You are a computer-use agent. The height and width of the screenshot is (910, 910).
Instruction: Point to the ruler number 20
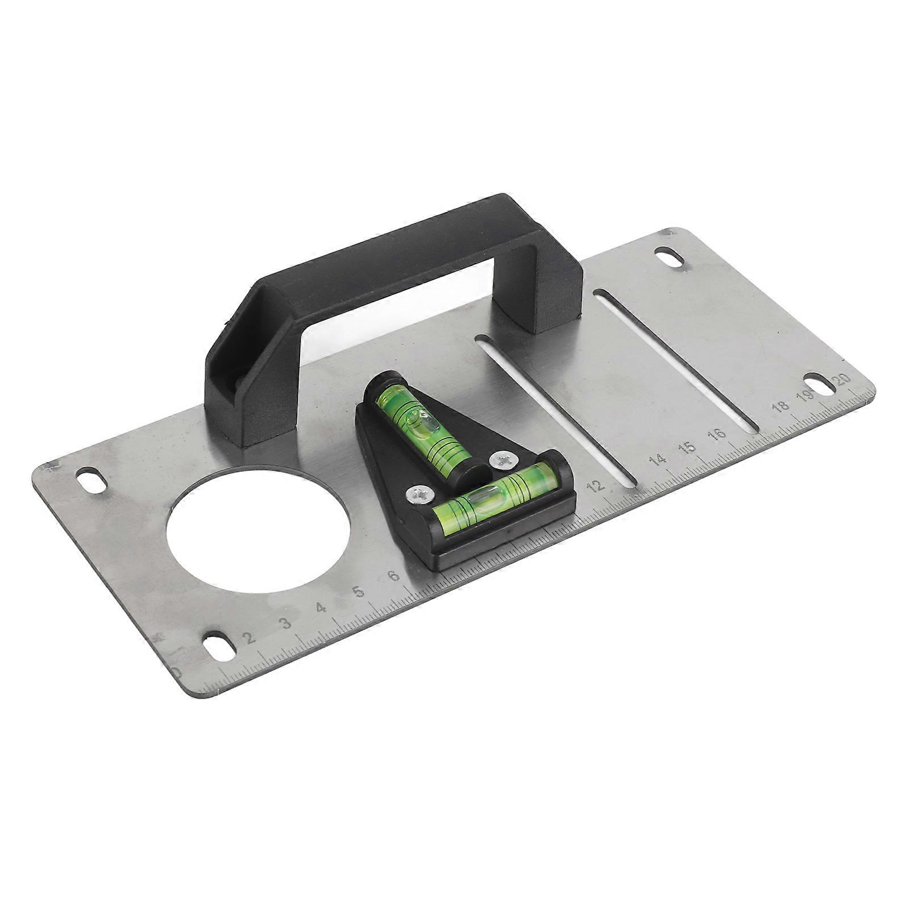tap(843, 380)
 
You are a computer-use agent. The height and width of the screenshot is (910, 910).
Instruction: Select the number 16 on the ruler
tap(718, 434)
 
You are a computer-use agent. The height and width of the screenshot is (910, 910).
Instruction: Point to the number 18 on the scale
tap(781, 406)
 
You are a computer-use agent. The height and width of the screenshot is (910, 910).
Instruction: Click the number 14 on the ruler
tap(659, 459)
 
